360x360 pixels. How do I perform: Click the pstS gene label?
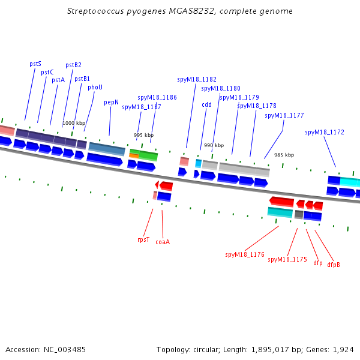coord(35,64)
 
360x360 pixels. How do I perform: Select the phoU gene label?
coord(95,87)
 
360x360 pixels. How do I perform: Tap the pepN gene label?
coord(112,103)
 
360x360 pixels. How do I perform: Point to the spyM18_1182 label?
coord(197,79)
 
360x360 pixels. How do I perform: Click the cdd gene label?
coord(206,104)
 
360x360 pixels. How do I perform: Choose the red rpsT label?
coord(143,239)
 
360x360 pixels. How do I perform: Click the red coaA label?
coord(163,242)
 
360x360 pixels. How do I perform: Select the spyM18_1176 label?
coord(245,254)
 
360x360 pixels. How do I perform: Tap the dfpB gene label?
coord(334,265)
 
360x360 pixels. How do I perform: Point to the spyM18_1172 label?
coord(325,132)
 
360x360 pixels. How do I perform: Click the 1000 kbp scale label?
coord(74,123)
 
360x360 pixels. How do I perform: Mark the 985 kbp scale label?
coord(284,155)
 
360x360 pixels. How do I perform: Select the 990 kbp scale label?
coord(214,145)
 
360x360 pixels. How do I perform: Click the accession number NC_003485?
coord(65,350)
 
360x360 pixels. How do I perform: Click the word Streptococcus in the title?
coord(95,11)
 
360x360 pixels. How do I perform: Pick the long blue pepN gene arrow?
coord(104,160)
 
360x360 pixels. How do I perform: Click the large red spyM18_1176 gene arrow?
coord(282,202)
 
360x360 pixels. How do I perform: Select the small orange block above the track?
coord(134,155)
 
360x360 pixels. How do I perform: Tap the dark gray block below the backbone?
coord(299,214)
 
